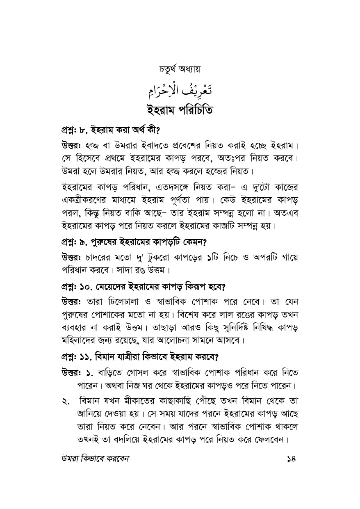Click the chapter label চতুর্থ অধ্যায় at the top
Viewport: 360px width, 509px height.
pos(180,68)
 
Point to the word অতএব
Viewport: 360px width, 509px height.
pos(286,212)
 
